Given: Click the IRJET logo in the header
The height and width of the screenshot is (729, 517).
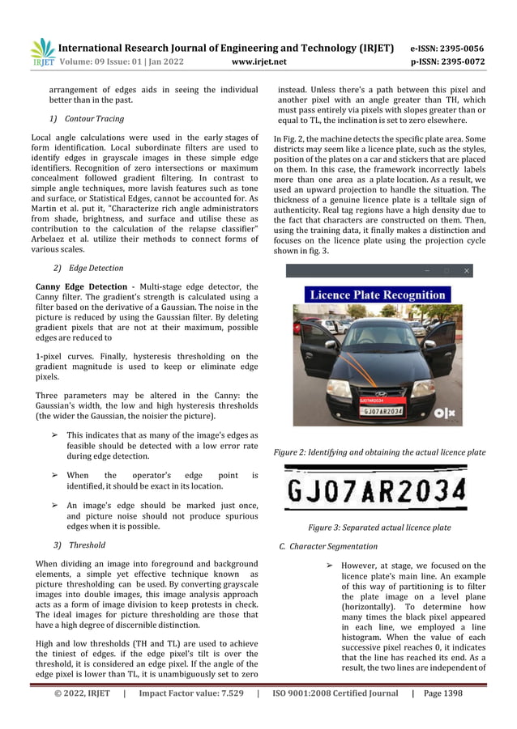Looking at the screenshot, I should click(x=42, y=52).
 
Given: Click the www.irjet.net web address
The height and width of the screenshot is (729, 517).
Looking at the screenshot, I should click(x=258, y=61).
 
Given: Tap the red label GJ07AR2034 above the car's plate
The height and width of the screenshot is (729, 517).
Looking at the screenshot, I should click(x=372, y=400).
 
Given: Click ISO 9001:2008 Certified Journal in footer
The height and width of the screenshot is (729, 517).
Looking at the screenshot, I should click(x=335, y=693).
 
